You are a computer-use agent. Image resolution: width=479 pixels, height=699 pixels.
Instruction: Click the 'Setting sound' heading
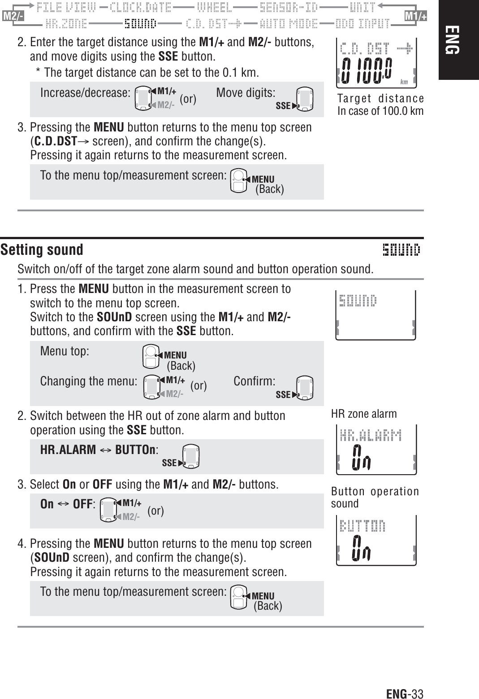click(x=42, y=250)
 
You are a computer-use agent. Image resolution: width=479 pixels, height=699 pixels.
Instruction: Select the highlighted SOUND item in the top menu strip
click(x=140, y=23)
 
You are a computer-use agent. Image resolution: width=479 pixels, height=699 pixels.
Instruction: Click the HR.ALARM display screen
click(x=376, y=449)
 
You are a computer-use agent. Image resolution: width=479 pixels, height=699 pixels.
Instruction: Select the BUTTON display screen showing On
click(x=376, y=540)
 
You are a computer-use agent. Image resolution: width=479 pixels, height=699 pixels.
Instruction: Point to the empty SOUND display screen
click(x=376, y=315)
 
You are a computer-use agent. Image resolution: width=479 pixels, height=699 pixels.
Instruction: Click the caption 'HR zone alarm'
click(x=364, y=414)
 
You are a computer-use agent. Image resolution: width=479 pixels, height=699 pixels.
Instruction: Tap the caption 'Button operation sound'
click(x=375, y=498)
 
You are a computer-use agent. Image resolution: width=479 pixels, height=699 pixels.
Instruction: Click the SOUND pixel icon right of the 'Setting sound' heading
click(x=401, y=249)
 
